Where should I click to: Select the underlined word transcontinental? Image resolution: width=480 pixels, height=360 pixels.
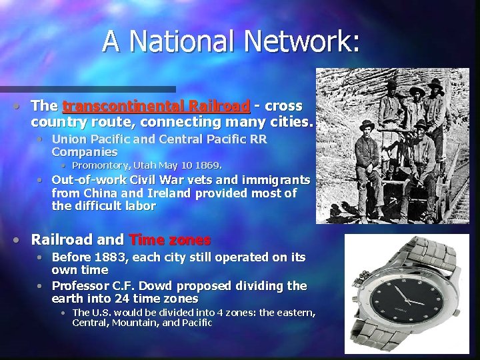[x=123, y=106]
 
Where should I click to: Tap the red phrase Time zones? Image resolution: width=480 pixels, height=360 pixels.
[x=170, y=239]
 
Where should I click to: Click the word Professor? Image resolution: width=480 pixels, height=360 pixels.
[x=79, y=286]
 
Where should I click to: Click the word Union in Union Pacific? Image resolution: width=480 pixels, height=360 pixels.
[x=69, y=139]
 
